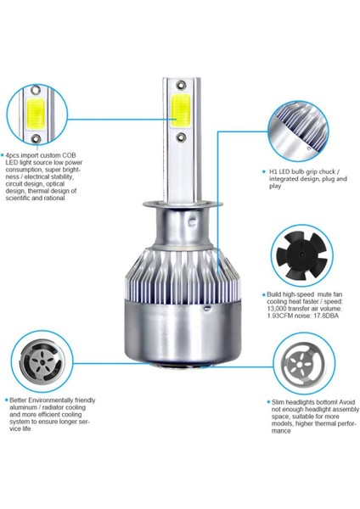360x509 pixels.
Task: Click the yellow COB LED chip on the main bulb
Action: click(x=181, y=110)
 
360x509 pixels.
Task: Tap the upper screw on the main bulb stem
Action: click(x=181, y=86)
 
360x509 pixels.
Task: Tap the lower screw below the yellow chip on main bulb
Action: click(x=181, y=137)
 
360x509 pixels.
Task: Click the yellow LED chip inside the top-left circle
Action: click(x=36, y=113)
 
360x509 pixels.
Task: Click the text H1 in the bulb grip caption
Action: click(x=273, y=171)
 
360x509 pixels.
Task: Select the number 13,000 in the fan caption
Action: click(x=276, y=309)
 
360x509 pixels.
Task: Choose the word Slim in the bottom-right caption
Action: click(x=278, y=402)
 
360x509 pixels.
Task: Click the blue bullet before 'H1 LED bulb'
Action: click(x=264, y=171)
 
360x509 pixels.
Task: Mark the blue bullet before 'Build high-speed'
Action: click(x=263, y=294)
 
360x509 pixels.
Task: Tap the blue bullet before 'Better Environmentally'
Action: click(x=6, y=400)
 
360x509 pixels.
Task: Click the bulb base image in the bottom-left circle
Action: click(x=42, y=361)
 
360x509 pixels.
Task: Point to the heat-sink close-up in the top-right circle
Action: click(x=298, y=131)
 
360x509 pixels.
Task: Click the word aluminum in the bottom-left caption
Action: click(x=23, y=407)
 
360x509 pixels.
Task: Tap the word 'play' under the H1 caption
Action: click(x=275, y=187)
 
